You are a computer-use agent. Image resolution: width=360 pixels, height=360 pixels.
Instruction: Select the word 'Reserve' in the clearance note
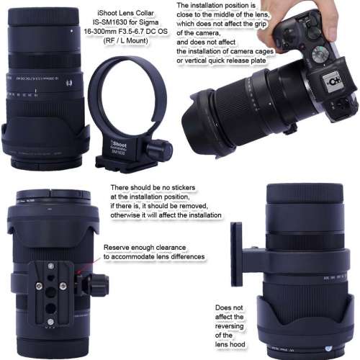coord(120,247)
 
